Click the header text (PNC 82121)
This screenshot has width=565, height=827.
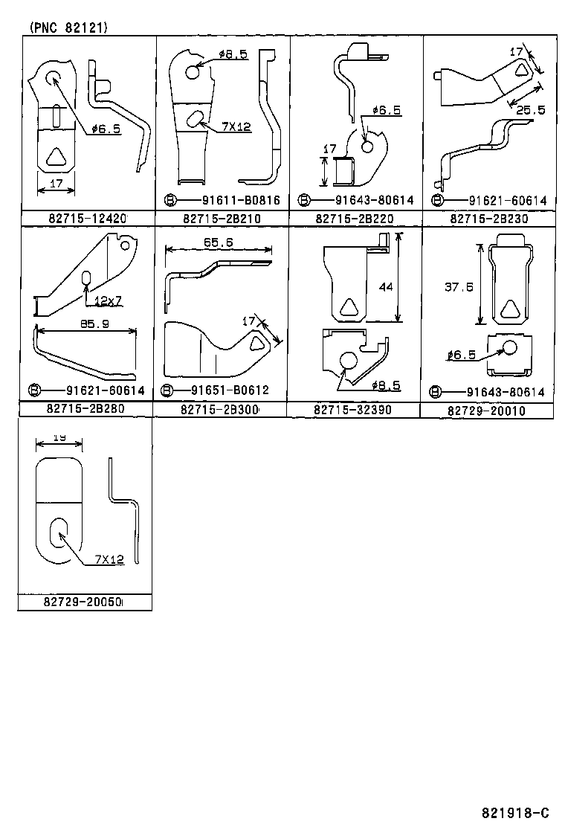68,28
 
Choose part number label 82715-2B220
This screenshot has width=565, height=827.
355,219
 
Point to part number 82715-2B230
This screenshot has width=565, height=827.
488,219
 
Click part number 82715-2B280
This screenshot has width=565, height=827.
85,410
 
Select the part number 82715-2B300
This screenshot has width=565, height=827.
219,410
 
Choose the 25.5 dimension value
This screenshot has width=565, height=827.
531,109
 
